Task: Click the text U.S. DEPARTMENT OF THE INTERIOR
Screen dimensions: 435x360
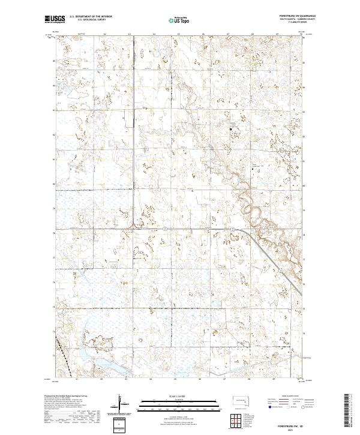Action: coord(91,17)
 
